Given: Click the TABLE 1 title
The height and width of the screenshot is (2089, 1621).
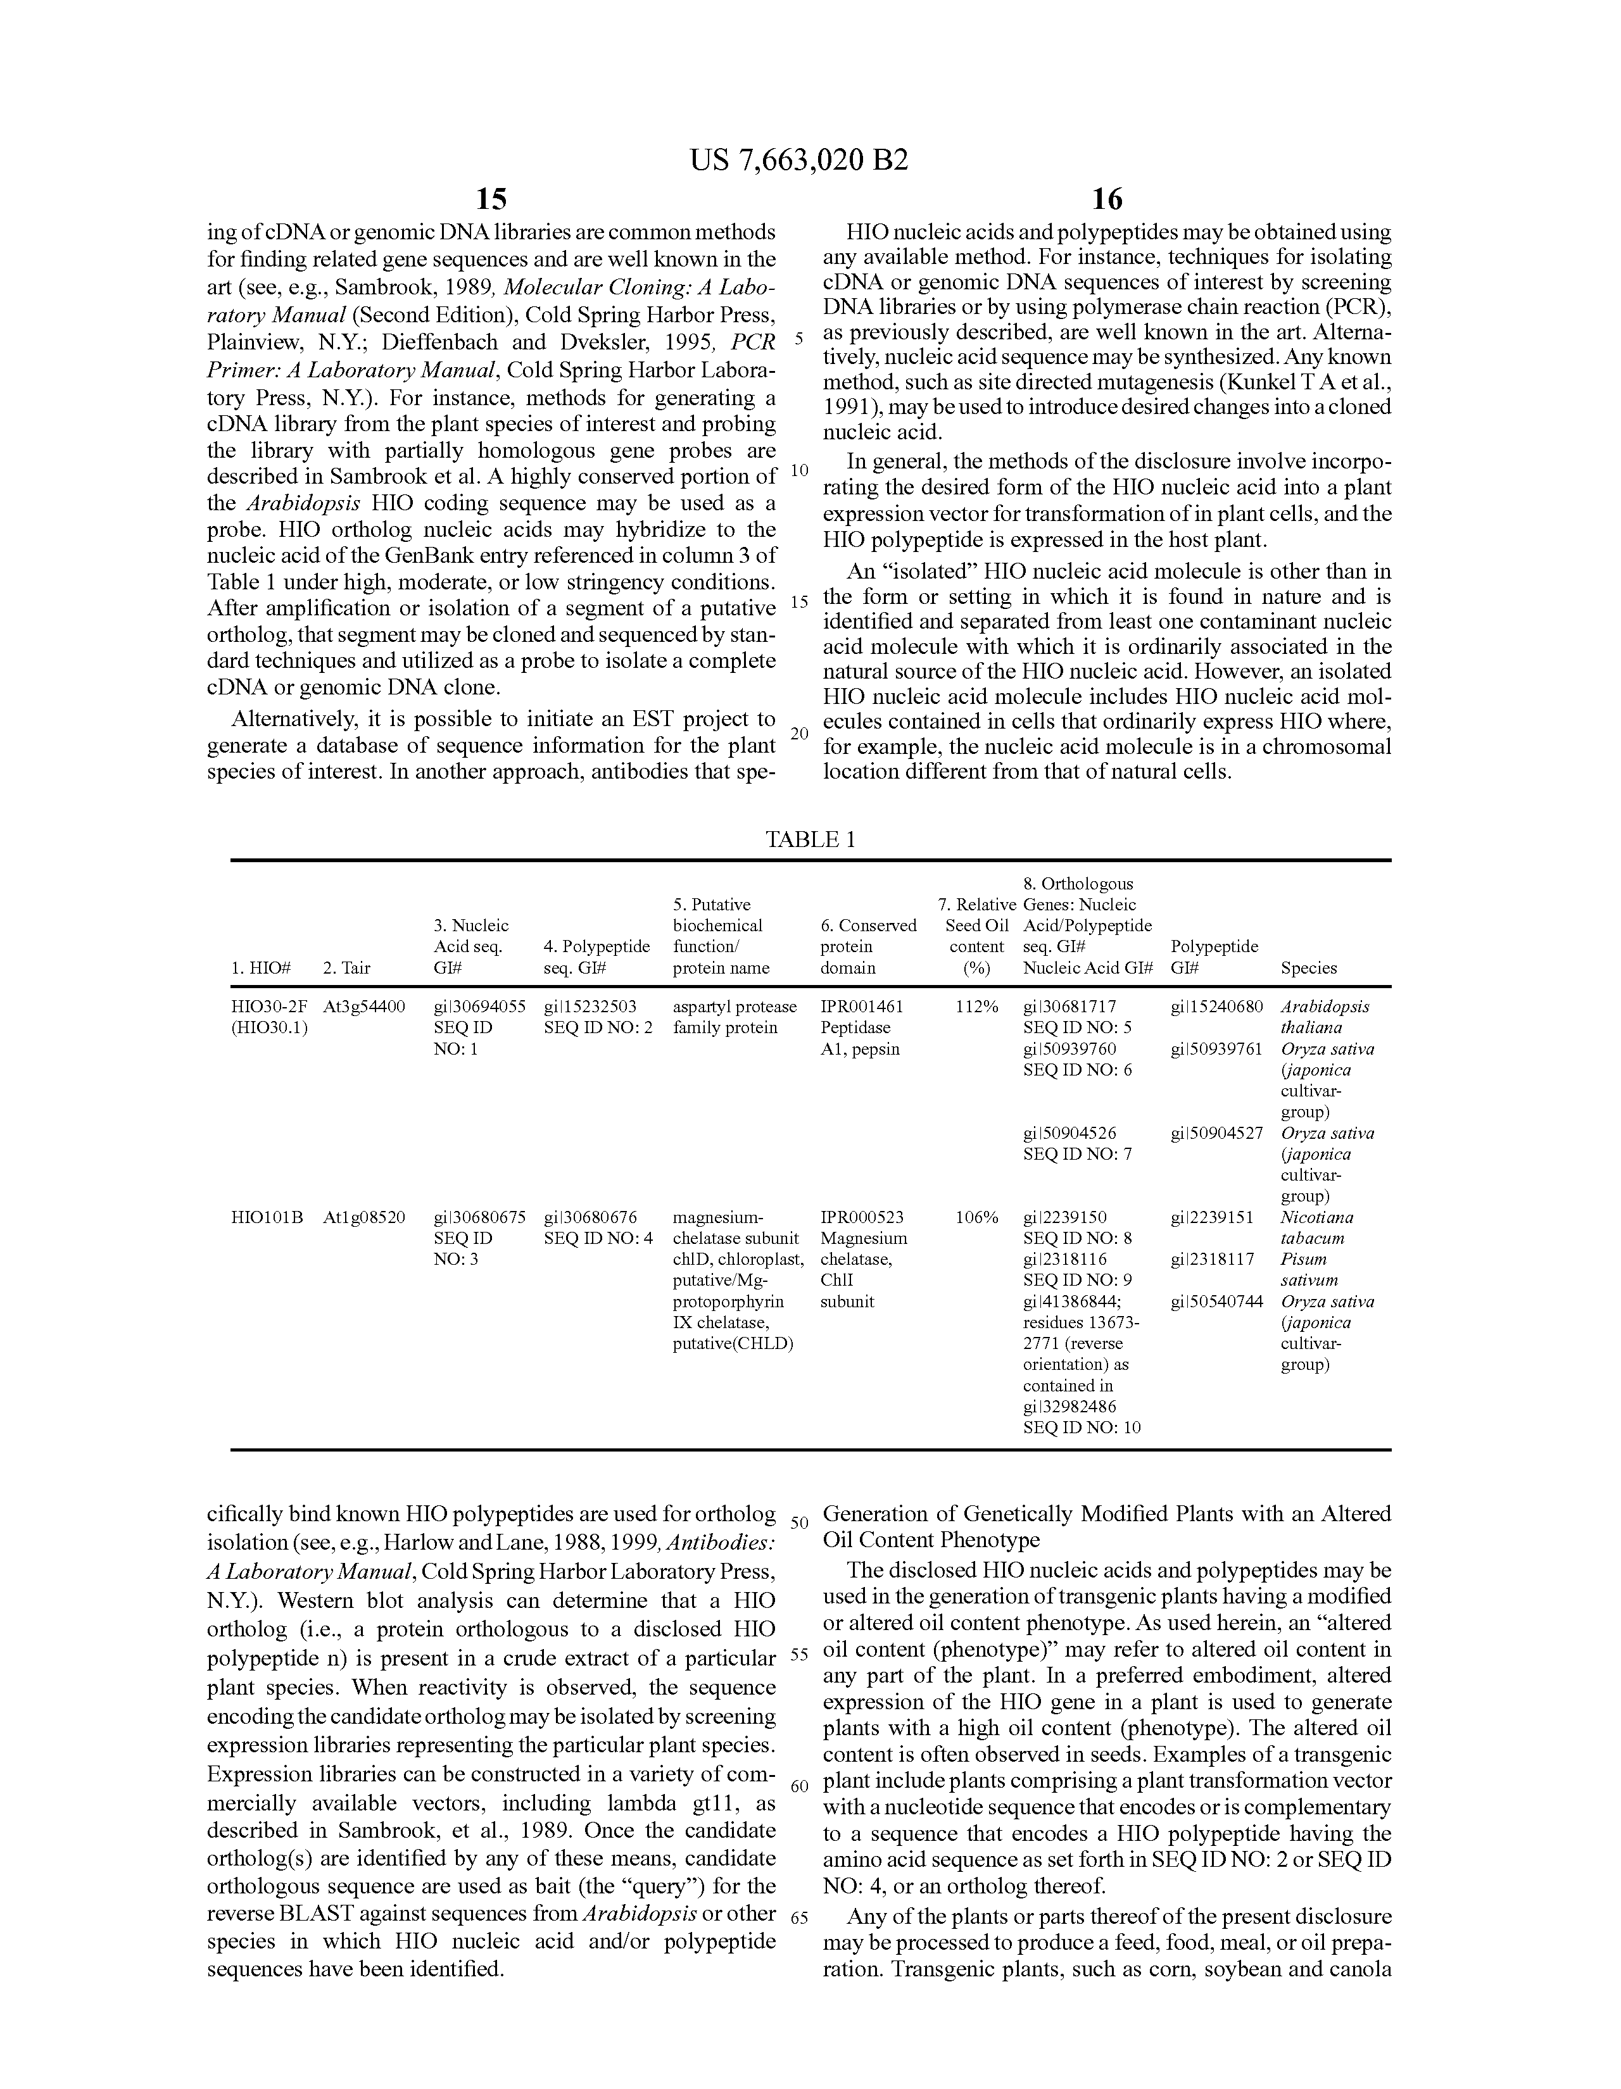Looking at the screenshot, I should pyautogui.click(x=809, y=840).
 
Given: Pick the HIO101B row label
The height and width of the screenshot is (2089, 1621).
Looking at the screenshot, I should pyautogui.click(x=267, y=1217).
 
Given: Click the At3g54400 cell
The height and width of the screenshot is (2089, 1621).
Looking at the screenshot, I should pyautogui.click(x=363, y=1007).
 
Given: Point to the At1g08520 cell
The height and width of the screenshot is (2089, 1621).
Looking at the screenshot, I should pyautogui.click(x=363, y=1217).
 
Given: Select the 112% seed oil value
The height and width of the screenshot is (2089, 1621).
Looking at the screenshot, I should pyautogui.click(x=977, y=1007).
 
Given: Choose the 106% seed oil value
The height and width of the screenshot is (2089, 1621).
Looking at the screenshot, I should pyautogui.click(x=977, y=1217).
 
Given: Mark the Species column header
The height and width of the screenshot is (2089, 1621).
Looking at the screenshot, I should pyautogui.click(x=1308, y=967).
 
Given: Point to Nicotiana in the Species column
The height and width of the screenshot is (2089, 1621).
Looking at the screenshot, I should pyautogui.click(x=1316, y=1217).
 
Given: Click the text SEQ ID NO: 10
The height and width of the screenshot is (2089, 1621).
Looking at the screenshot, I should pyautogui.click(x=1082, y=1427).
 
